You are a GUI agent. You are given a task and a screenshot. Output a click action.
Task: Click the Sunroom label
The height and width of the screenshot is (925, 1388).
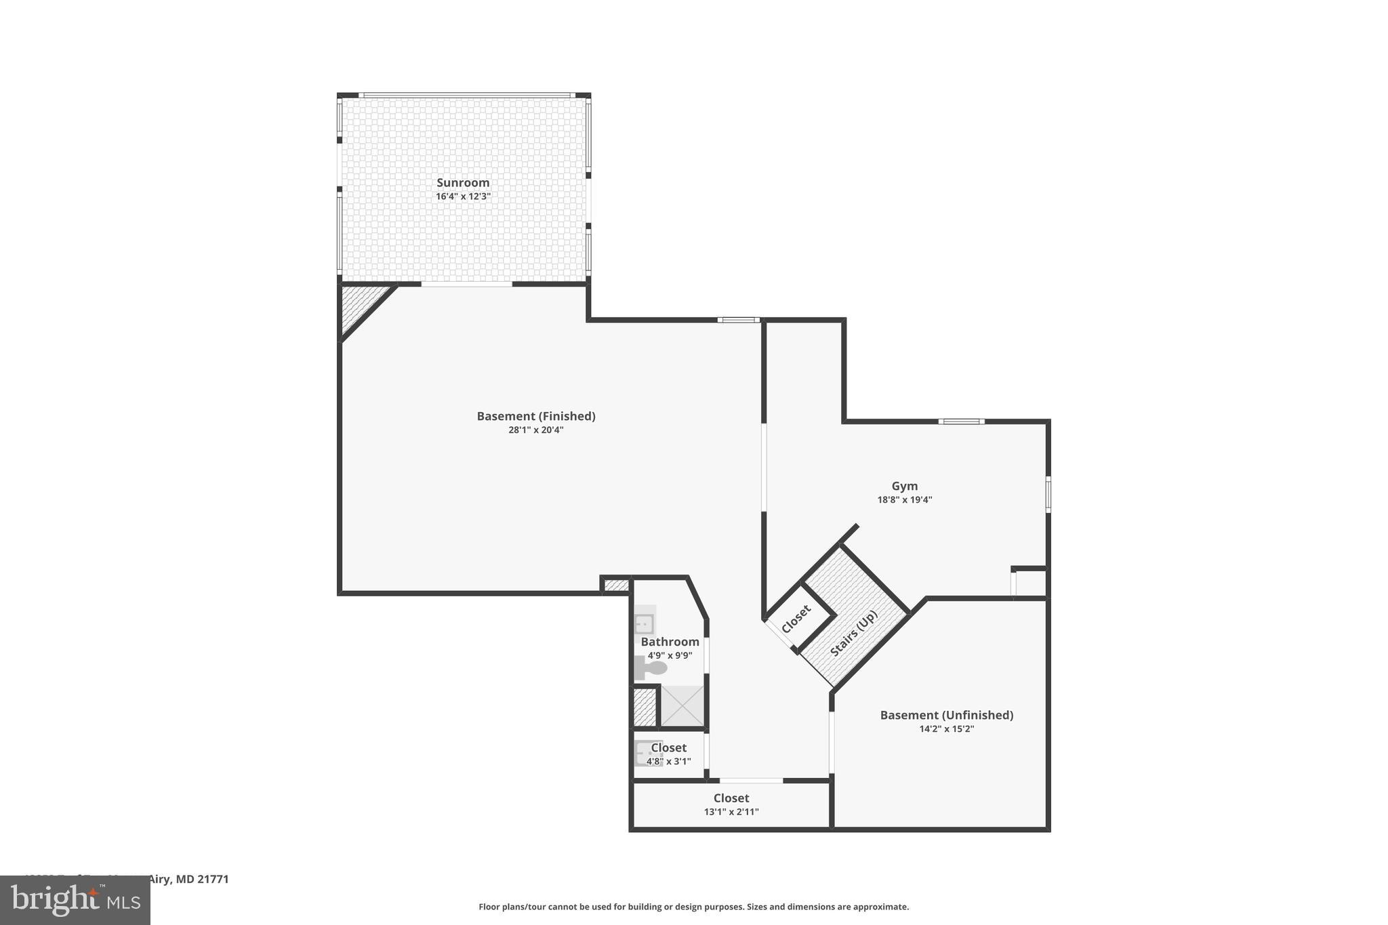(x=463, y=182)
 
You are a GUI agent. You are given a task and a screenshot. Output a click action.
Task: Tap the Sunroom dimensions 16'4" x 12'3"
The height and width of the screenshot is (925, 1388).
(x=463, y=197)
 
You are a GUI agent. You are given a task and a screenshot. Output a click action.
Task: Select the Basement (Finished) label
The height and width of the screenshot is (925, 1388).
(x=536, y=416)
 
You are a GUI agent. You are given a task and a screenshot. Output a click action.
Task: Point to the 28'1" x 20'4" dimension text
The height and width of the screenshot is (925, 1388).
(x=536, y=430)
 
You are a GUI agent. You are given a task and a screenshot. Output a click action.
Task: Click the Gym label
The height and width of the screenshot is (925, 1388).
(x=905, y=486)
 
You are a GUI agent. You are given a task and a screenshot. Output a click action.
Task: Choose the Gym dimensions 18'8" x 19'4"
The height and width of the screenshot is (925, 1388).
(x=905, y=500)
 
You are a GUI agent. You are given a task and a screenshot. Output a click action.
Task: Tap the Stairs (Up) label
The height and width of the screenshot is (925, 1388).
(x=854, y=634)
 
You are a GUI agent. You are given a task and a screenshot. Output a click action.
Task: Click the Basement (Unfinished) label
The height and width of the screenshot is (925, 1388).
(x=947, y=715)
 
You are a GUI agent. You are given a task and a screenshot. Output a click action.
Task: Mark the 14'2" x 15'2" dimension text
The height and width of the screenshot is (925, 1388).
(x=947, y=729)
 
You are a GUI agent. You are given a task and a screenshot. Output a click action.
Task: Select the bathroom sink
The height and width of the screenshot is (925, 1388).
(x=645, y=622)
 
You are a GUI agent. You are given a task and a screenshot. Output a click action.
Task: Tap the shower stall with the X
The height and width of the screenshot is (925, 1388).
(x=682, y=706)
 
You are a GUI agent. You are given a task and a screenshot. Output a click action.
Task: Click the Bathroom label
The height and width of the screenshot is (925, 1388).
(x=670, y=642)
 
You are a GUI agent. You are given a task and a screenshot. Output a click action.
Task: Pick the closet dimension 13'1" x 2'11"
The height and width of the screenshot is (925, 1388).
(x=731, y=812)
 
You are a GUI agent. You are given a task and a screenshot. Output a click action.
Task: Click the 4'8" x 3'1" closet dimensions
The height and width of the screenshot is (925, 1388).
(x=669, y=762)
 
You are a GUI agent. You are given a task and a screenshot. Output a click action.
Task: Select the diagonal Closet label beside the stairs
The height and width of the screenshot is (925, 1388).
(x=796, y=619)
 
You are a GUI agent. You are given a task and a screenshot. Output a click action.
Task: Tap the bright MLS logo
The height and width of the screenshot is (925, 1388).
(x=75, y=900)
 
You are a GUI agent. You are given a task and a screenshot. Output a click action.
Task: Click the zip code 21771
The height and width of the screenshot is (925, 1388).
(x=214, y=880)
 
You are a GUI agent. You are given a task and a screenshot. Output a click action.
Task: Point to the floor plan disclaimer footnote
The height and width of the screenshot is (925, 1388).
(x=694, y=907)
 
